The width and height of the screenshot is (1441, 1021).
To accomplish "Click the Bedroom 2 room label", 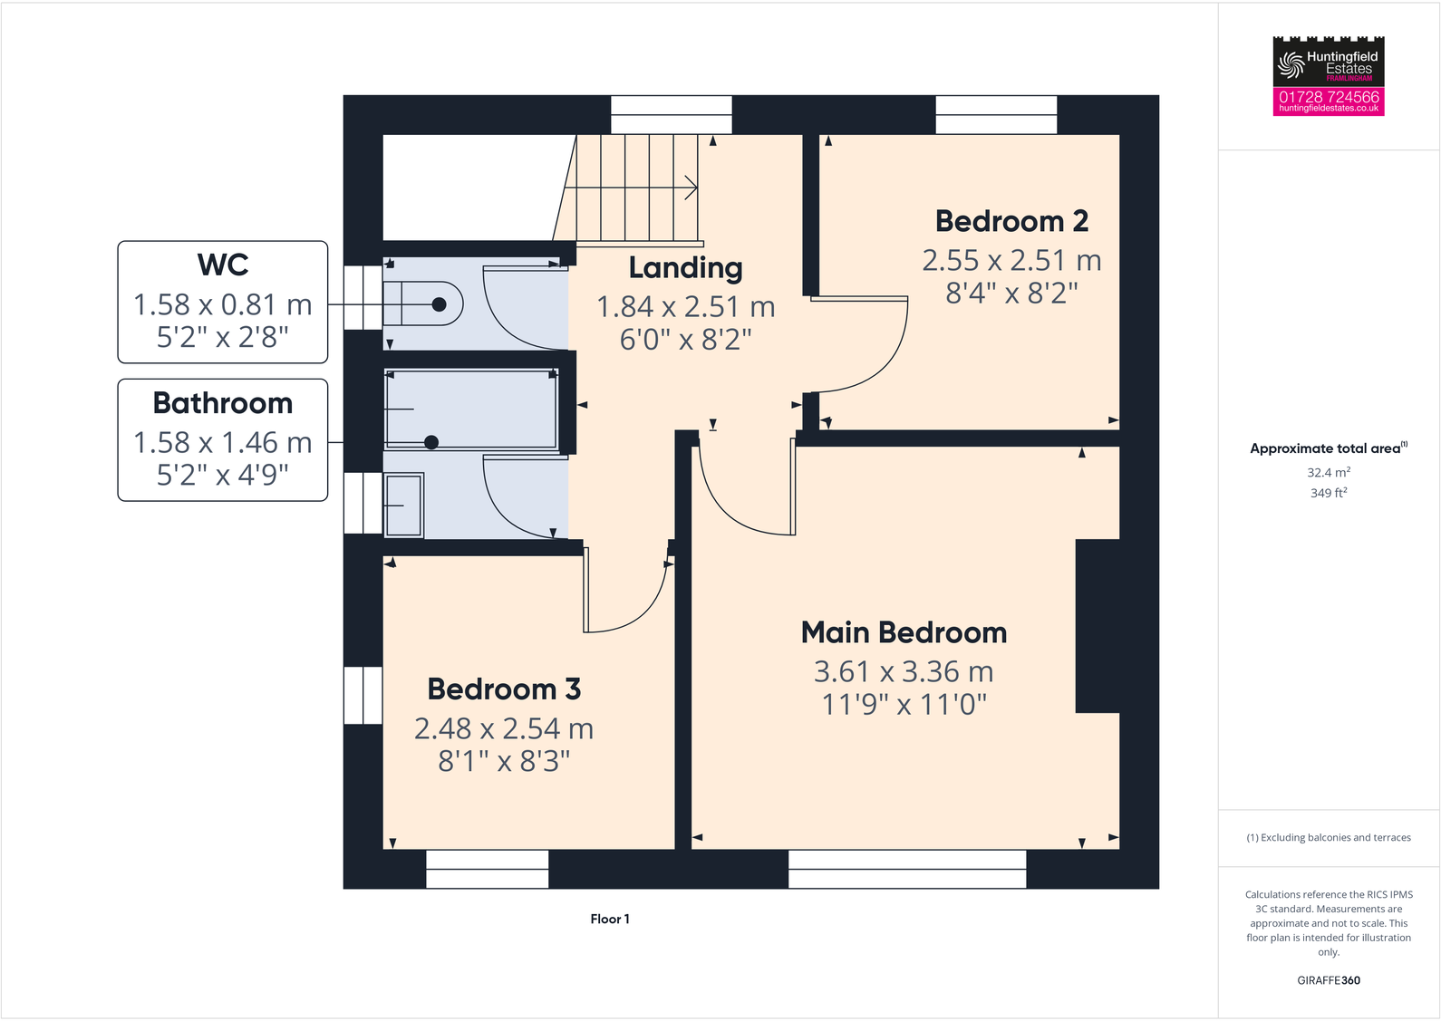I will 1011,221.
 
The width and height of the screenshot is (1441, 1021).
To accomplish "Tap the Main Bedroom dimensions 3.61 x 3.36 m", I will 904,671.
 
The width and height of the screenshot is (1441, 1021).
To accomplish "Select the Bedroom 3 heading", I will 504,689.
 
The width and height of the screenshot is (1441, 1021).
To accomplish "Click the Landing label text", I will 685,268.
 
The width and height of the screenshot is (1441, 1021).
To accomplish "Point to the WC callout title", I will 223,265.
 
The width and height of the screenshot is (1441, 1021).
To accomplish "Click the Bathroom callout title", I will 223,403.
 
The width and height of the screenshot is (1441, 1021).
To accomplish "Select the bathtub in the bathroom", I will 471,409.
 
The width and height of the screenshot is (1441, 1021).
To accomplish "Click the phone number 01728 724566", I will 1329,96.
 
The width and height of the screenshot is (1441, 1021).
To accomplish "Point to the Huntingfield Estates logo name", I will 1340,63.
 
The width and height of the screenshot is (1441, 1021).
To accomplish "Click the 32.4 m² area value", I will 1329,473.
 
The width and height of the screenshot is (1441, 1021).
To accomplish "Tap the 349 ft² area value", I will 1329,493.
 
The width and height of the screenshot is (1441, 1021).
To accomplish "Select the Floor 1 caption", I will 610,919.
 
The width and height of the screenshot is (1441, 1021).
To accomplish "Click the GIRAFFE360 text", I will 1329,980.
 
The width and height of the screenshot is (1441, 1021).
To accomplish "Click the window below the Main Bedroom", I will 907,869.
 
